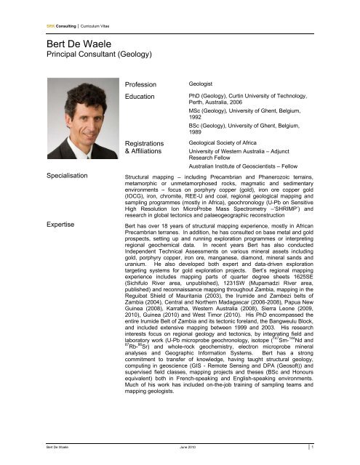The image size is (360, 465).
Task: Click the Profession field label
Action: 144,84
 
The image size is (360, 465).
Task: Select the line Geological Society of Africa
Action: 231,145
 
